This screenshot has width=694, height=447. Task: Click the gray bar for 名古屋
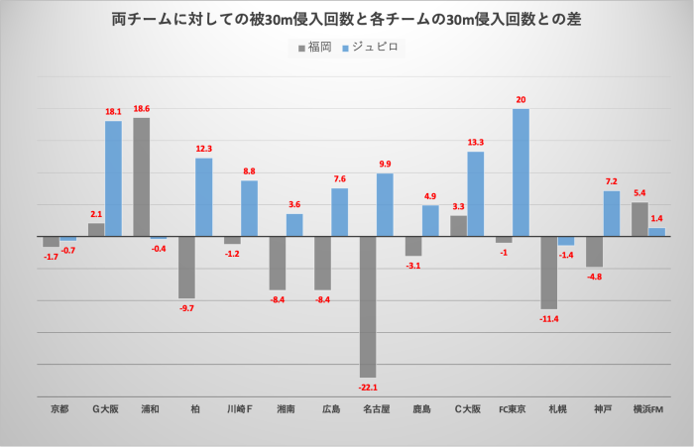[x=368, y=306]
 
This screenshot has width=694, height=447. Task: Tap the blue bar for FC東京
[x=520, y=172]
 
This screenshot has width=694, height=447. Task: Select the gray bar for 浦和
[x=142, y=177]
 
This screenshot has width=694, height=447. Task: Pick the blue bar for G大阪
[x=113, y=178]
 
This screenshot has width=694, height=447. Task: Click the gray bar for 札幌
[x=548, y=273]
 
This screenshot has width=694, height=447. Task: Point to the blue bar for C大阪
[x=475, y=194]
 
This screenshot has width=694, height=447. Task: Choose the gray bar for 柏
[x=186, y=268]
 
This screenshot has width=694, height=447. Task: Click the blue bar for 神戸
[x=612, y=214]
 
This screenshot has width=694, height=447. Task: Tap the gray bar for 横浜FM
[x=639, y=220]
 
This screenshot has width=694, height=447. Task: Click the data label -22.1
[x=368, y=387]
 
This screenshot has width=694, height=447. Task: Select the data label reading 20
[x=520, y=100]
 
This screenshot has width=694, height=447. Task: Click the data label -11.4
[x=548, y=318]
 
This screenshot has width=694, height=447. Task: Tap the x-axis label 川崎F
[x=241, y=408]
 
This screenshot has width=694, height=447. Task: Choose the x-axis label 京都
[x=59, y=408]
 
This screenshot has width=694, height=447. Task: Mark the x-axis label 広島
[x=331, y=408]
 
